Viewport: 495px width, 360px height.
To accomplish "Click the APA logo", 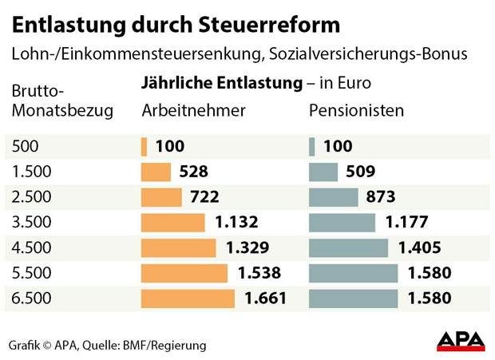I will (461, 341).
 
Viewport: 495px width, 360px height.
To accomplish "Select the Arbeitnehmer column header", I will (193, 110).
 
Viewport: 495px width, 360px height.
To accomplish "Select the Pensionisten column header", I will (356, 110).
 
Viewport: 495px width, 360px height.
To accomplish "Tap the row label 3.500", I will (31, 222).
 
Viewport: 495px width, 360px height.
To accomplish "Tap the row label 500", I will (25, 146).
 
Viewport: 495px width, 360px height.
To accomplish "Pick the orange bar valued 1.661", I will (188, 299).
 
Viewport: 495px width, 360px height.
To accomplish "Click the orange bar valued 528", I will (156, 172).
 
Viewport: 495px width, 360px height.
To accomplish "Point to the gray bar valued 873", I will (334, 197).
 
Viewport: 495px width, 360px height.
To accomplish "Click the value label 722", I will (204, 197).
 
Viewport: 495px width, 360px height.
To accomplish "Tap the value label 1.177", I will (406, 222).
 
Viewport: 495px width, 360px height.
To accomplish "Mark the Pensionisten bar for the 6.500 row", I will (353, 299).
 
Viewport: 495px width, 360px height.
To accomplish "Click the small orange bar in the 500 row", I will (144, 147).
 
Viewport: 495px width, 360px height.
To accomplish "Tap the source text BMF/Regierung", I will (168, 346).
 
